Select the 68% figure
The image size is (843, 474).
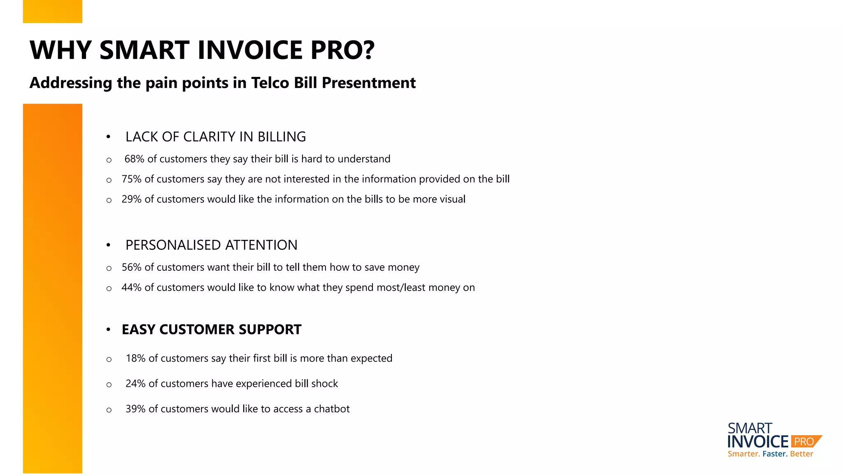(x=134, y=159)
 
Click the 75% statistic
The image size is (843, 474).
(x=131, y=179)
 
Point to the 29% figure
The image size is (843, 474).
(x=131, y=199)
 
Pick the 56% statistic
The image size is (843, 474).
(x=131, y=267)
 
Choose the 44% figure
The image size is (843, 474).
(x=131, y=287)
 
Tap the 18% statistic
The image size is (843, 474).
(x=135, y=358)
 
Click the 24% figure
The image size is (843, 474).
(x=135, y=383)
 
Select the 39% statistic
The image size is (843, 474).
(x=135, y=409)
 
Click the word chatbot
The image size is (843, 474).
(x=332, y=409)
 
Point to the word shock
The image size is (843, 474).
(x=325, y=383)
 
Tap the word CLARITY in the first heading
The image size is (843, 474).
(x=212, y=137)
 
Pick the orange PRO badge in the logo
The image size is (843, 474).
(x=804, y=441)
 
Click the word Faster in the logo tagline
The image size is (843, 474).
(x=775, y=454)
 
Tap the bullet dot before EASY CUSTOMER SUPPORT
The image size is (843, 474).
(x=108, y=330)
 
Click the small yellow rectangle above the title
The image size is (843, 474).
(x=53, y=12)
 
